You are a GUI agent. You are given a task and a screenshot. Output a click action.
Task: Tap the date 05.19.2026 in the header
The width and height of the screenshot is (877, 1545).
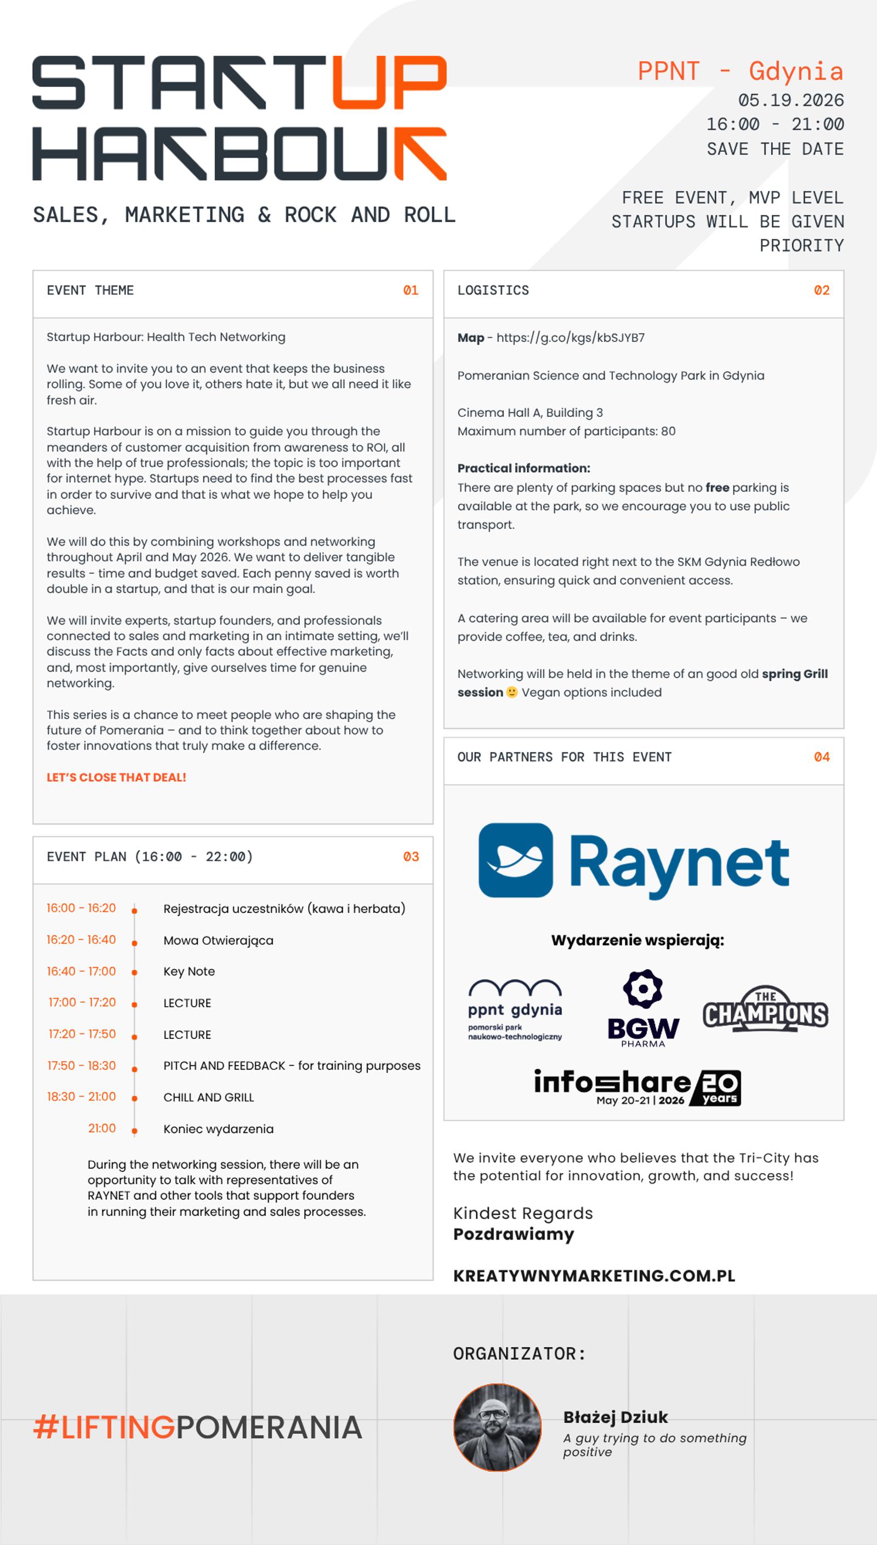tap(791, 100)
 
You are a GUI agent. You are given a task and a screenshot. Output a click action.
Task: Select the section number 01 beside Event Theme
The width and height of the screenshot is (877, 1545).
tap(411, 291)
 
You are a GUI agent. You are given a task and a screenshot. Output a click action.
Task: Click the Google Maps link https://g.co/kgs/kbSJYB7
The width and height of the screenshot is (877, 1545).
tap(571, 337)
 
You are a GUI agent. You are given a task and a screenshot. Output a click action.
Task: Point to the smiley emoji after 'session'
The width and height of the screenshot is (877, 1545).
tap(512, 692)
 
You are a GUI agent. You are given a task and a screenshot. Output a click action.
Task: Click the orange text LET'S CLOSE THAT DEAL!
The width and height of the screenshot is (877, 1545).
tap(116, 777)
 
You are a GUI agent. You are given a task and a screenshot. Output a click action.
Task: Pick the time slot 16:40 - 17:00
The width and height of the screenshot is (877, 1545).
tap(81, 971)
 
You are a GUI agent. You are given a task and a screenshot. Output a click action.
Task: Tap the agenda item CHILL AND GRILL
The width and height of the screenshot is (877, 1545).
tap(208, 1097)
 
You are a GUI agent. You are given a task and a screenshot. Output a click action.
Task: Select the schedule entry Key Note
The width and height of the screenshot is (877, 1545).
tap(189, 971)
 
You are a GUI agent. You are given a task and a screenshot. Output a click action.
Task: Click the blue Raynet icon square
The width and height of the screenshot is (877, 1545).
tap(516, 860)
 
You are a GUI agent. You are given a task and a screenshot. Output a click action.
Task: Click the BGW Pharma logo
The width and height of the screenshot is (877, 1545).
tap(643, 1008)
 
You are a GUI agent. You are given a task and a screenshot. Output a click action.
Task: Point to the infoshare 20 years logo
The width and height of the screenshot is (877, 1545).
tap(637, 1087)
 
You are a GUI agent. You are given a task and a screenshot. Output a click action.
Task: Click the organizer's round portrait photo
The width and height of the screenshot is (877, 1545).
tap(498, 1427)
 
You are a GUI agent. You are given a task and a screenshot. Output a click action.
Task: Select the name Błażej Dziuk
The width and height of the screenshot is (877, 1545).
tap(616, 1417)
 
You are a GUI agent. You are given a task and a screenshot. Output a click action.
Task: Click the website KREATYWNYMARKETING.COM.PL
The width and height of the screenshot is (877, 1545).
tap(594, 1276)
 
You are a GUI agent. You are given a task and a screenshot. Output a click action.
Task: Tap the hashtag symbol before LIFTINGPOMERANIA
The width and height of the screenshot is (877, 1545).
tap(46, 1427)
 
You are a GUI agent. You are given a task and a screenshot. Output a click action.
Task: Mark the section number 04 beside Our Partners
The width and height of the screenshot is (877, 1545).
tap(822, 757)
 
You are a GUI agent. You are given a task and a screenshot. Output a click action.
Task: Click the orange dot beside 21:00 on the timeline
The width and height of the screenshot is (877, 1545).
tap(134, 1131)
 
